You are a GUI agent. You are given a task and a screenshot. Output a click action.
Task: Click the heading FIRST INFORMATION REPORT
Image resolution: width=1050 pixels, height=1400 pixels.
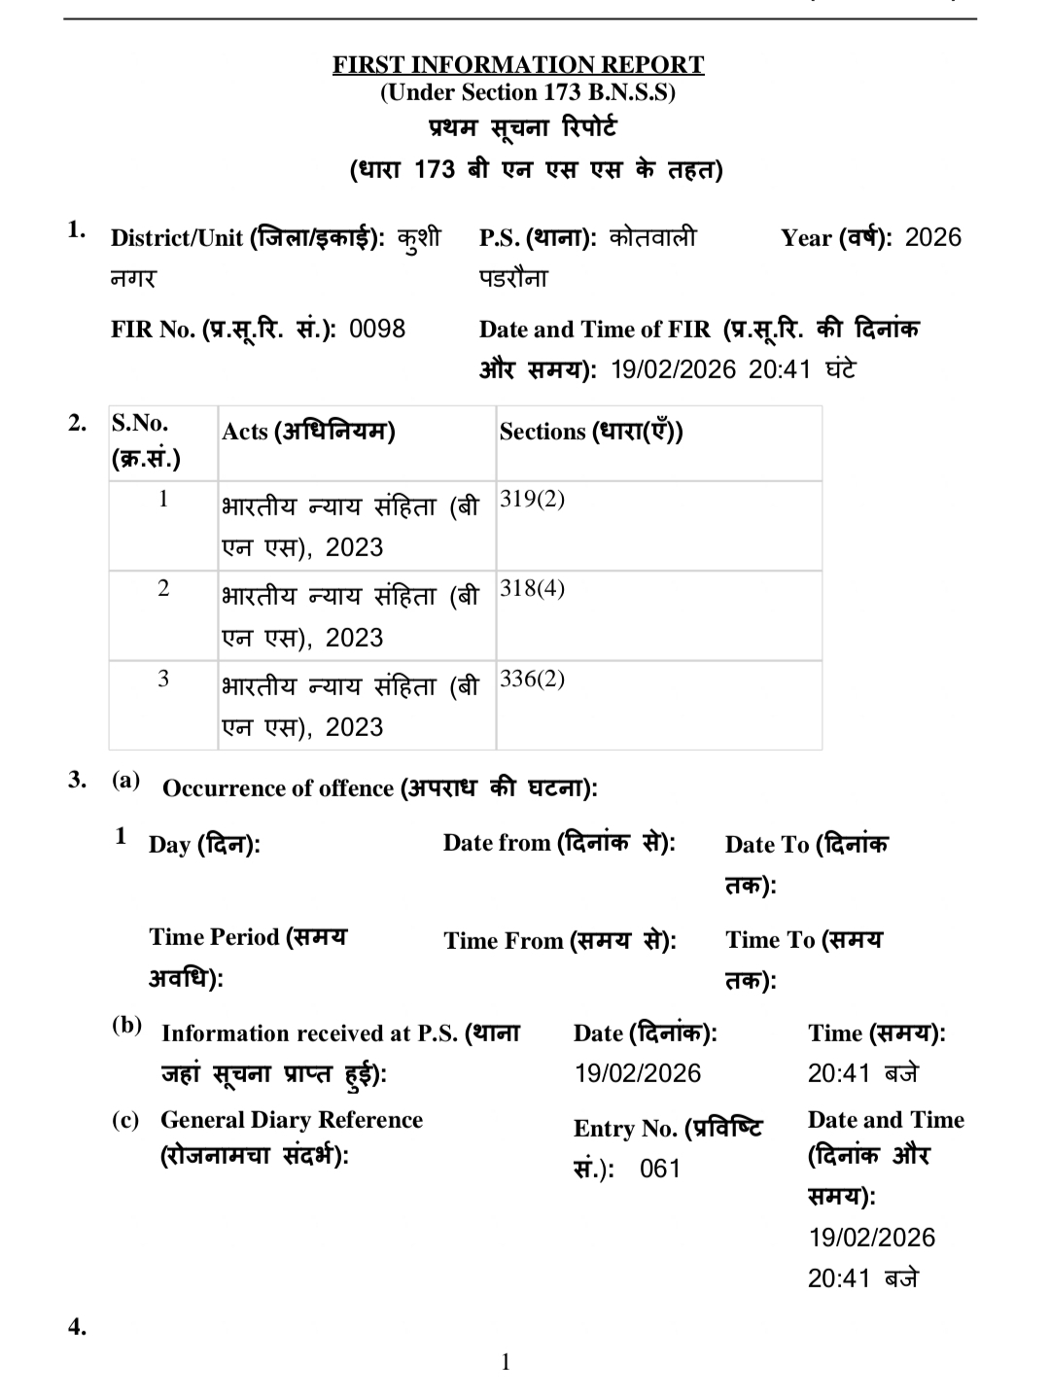518,65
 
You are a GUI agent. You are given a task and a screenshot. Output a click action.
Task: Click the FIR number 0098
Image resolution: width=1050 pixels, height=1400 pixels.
377,329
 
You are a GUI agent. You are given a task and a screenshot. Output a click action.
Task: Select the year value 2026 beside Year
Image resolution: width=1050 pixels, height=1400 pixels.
932,238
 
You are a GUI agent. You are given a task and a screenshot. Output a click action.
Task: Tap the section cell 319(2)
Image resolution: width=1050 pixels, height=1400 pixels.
532,500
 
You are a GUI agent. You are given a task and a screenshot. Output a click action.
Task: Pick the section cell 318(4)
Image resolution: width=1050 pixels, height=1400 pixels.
532,589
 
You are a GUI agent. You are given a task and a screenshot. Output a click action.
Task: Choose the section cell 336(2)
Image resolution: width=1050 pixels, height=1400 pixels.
532,679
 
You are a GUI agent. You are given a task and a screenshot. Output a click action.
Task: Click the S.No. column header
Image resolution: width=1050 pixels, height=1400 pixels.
140,423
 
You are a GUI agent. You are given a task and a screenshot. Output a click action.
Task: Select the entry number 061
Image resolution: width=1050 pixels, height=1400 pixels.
660,1169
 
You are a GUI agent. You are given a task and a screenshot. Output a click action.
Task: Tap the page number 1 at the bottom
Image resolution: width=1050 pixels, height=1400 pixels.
506,1363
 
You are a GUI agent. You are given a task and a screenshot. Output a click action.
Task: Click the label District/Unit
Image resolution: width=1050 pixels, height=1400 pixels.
177,239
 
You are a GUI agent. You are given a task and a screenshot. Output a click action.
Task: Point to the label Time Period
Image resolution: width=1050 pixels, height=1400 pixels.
214,937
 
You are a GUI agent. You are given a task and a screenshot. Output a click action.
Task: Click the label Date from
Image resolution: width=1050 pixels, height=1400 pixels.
497,843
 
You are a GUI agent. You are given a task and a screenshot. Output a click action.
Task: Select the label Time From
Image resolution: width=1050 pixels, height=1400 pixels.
504,940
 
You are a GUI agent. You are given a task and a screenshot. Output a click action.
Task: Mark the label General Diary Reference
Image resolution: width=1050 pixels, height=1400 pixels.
292,1120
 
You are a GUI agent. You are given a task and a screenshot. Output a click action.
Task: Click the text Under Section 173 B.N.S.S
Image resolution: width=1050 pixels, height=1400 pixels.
528,92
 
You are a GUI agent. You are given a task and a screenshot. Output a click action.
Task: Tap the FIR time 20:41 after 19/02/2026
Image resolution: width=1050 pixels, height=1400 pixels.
779,369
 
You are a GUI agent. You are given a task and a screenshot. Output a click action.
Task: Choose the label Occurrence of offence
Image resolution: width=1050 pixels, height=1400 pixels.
278,788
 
